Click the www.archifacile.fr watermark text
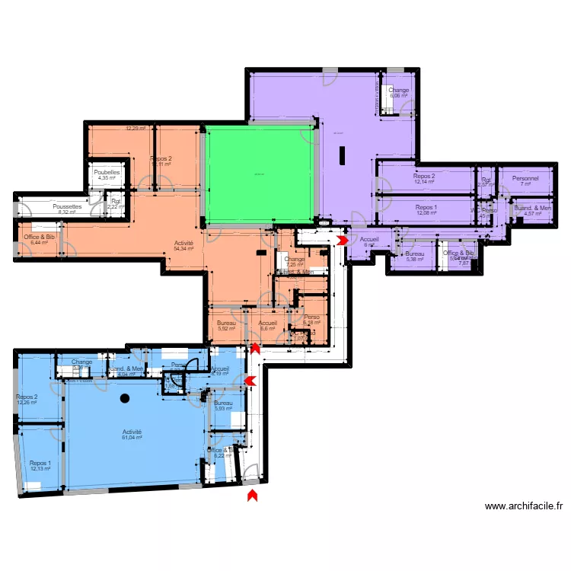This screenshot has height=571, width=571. click(523, 506)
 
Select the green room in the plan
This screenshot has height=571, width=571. click(259, 175)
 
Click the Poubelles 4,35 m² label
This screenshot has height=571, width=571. click(107, 175)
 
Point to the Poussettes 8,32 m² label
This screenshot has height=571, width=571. click(67, 209)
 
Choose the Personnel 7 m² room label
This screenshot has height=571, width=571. click(525, 181)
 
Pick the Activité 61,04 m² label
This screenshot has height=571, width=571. click(132, 435)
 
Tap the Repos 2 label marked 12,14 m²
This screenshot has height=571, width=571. click(424, 179)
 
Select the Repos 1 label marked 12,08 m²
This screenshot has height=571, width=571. click(426, 210)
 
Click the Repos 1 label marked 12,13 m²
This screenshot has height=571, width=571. click(40, 466)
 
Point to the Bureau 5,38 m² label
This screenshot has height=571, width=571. click(414, 257)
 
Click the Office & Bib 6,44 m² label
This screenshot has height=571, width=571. click(40, 239)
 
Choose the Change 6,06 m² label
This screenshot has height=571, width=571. click(399, 93)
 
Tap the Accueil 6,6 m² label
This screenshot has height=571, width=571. click(267, 326)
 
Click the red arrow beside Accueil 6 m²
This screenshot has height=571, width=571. click(343, 240)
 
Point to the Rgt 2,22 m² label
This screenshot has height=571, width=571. click(115, 204)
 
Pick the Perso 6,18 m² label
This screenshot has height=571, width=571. click(311, 321)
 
